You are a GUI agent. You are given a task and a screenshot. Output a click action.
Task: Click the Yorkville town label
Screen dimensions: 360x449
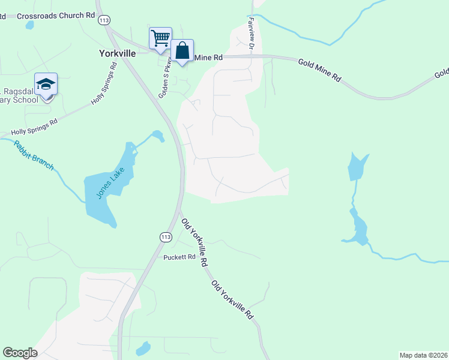[x=118, y=53]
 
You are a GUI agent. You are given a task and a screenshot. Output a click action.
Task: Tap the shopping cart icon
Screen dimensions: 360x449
[x=160, y=38]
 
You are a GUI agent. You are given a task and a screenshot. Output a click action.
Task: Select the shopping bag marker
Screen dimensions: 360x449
[x=182, y=51]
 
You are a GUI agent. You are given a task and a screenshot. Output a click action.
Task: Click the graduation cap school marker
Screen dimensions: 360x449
[x=46, y=85]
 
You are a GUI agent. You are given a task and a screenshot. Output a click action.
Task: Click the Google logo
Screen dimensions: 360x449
[x=20, y=353]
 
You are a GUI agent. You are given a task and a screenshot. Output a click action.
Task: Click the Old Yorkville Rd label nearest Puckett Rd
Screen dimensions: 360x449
[x=194, y=242]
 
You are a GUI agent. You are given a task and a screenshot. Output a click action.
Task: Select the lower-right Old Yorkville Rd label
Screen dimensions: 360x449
[x=232, y=299]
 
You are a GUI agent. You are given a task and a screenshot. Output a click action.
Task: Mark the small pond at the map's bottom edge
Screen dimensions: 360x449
[x=143, y=348]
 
